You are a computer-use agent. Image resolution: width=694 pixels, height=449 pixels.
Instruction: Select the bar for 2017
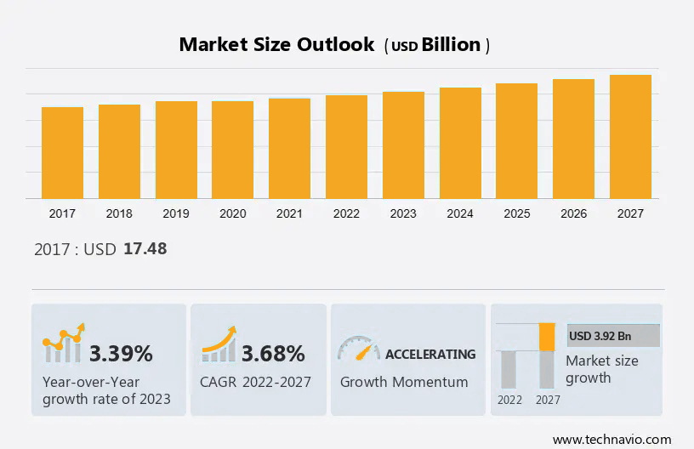[x=62, y=153]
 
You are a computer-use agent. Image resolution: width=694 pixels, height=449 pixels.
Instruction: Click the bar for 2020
[x=232, y=150]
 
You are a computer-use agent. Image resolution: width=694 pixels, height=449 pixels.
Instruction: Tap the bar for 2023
[x=403, y=145]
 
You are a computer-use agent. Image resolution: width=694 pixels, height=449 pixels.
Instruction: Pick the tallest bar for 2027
[x=630, y=137]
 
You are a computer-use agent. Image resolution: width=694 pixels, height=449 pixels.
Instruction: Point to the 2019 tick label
[x=175, y=213]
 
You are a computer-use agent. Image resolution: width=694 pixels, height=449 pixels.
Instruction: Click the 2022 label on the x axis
[x=346, y=213]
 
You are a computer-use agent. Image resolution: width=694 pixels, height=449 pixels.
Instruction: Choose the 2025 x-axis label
[x=516, y=213]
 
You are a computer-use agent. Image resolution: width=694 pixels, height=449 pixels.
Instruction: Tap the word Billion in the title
[x=451, y=45]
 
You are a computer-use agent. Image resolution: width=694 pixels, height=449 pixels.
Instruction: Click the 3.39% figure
[x=121, y=354]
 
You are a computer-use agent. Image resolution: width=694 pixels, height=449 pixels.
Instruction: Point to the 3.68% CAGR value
[x=273, y=354]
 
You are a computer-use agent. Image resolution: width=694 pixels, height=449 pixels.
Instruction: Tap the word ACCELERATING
[x=430, y=354]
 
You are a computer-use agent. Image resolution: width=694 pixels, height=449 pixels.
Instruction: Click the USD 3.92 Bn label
[x=600, y=336]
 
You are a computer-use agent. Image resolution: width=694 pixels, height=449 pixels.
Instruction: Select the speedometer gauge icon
[x=358, y=350]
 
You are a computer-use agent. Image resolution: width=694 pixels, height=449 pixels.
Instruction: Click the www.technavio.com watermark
[x=612, y=439]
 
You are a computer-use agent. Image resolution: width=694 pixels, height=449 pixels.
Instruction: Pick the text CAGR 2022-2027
[x=255, y=382]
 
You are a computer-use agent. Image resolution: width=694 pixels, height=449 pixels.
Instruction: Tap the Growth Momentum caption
[x=404, y=382]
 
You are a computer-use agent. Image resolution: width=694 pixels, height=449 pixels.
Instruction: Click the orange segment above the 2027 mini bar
[x=547, y=337]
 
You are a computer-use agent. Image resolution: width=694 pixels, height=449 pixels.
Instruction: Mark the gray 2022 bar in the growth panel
[x=509, y=369]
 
